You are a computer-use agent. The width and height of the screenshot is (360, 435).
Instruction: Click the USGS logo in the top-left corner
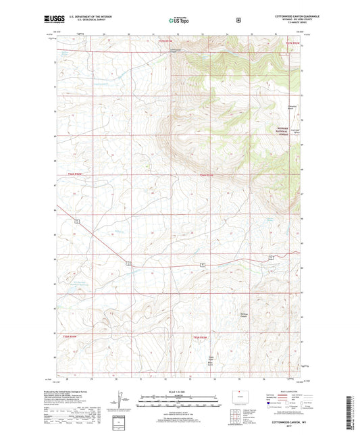pos(53,20)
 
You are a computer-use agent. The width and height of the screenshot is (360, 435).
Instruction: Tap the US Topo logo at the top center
pos(178,20)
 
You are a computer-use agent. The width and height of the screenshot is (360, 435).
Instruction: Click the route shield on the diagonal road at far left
pos(78,222)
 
